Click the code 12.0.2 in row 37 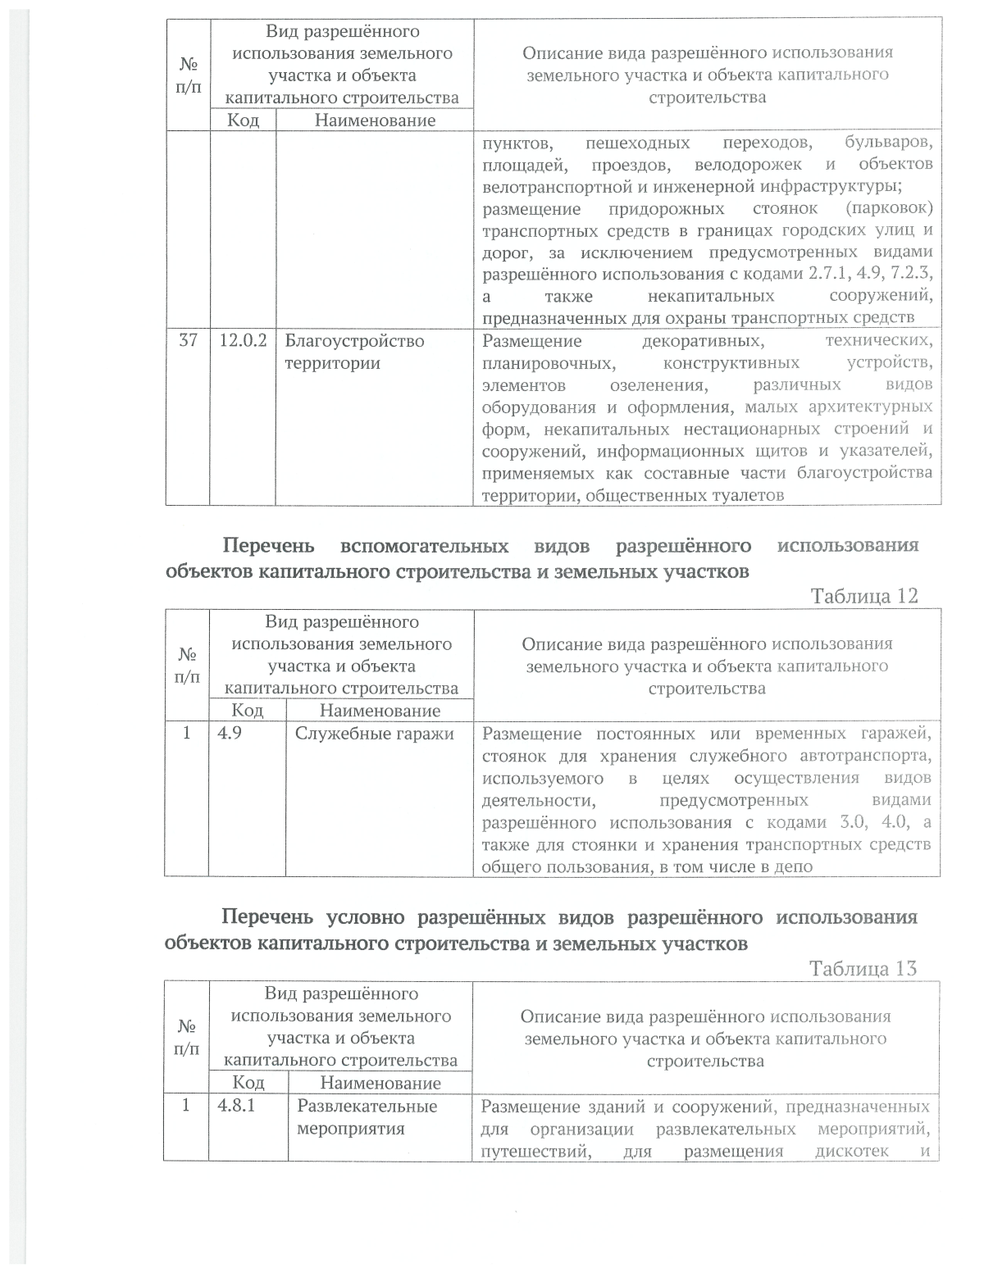[243, 341]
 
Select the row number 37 [188, 341]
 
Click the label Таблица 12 [863, 596]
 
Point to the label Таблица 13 [863, 968]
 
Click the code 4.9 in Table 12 [230, 734]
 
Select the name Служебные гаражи [375, 734]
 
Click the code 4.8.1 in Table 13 [236, 1106]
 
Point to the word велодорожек [746, 166]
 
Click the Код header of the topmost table [244, 120]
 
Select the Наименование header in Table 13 [380, 1083]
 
